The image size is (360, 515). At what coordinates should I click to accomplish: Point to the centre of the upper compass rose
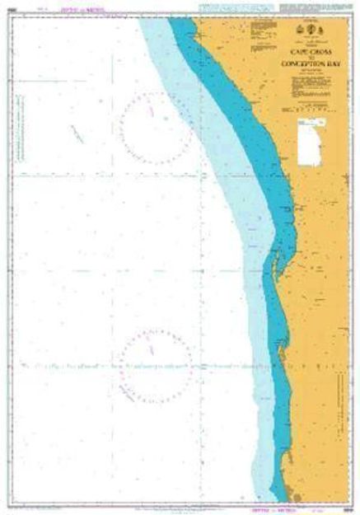pos(155,129)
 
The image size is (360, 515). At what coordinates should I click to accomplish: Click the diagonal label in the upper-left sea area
pos(79,132)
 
